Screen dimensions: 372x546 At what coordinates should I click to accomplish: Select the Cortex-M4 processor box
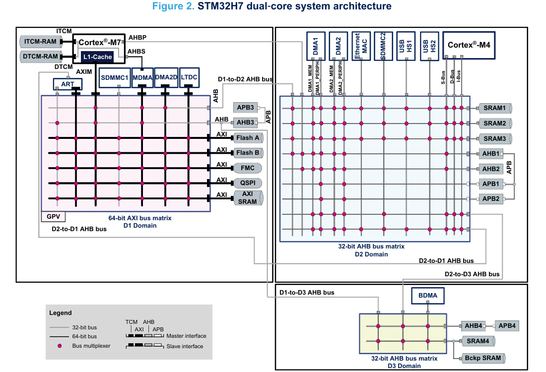pyautogui.click(x=469, y=45)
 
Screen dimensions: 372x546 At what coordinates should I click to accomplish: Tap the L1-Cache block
pyautogui.click(x=97, y=58)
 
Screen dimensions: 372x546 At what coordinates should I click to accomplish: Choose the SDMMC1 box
pyautogui.click(x=115, y=77)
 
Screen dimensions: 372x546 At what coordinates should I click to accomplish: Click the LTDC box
pyautogui.click(x=189, y=77)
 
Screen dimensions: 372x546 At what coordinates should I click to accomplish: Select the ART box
pyautogui.click(x=67, y=84)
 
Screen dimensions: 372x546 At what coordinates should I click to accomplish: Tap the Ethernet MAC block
pyautogui.click(x=361, y=46)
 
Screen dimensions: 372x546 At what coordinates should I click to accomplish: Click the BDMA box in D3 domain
pyautogui.click(x=428, y=296)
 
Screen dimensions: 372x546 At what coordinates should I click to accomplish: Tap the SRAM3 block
pyautogui.click(x=494, y=138)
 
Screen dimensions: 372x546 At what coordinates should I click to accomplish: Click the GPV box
pyautogui.click(x=53, y=217)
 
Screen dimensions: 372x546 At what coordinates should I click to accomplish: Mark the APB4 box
pyautogui.click(x=506, y=326)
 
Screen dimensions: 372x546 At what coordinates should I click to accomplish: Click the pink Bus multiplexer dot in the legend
pyautogui.click(x=60, y=346)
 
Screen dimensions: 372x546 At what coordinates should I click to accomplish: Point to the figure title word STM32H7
pyautogui.click(x=220, y=6)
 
